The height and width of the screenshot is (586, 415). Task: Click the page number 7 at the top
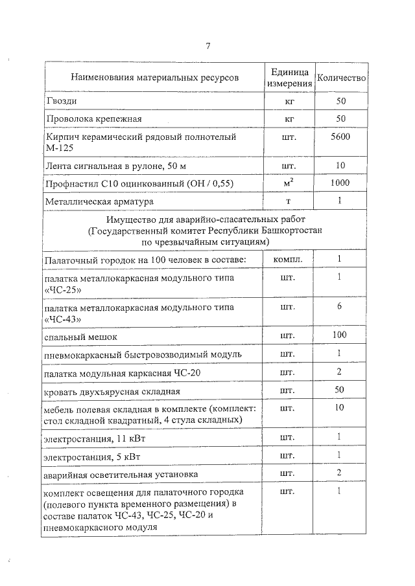[208, 45]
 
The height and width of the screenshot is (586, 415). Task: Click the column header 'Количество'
[341, 78]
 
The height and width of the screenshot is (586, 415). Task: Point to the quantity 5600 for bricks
[341, 137]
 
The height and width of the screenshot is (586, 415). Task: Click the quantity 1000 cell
[341, 183]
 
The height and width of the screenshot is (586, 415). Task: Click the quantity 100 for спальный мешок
[341, 335]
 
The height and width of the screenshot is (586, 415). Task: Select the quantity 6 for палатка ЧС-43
[341, 306]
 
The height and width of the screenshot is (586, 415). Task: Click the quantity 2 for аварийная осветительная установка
[341, 474]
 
